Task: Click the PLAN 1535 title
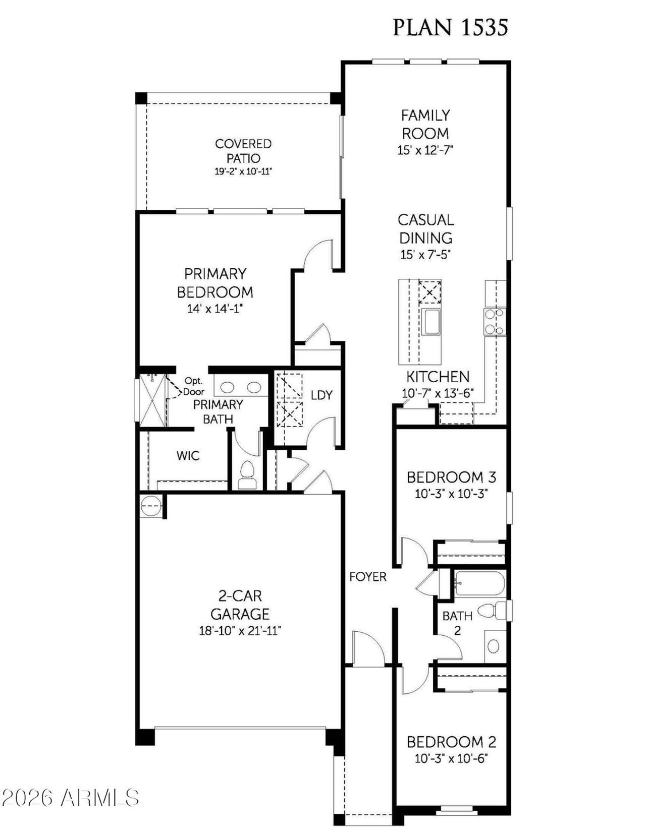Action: [x=450, y=27]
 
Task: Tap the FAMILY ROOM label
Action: [x=425, y=125]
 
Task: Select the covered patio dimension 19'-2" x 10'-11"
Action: [x=243, y=171]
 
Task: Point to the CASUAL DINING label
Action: [x=425, y=229]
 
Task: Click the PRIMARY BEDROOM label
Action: [x=215, y=283]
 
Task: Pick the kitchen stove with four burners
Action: [x=494, y=322]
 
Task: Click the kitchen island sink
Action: [x=431, y=322]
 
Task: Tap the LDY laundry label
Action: [x=321, y=395]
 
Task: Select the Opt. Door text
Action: [x=193, y=386]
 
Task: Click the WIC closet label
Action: [x=188, y=456]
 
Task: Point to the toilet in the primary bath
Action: [x=247, y=474]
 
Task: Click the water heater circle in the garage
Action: [x=150, y=506]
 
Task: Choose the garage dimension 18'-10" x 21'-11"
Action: [x=240, y=630]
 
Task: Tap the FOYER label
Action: [x=368, y=577]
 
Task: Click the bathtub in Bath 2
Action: [x=479, y=584]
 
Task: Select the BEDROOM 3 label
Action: [x=451, y=477]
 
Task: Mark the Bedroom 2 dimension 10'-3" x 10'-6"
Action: [x=451, y=758]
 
